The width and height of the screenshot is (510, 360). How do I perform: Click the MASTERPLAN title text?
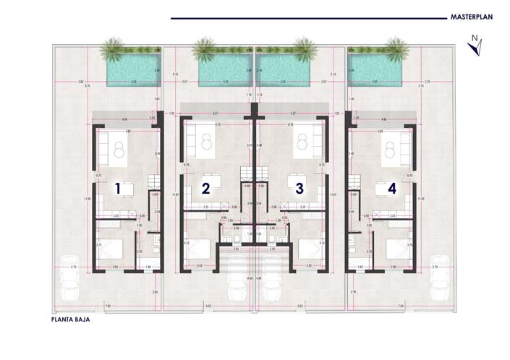pyautogui.click(x=472, y=17)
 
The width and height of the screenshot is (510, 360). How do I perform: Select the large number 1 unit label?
pyautogui.click(x=118, y=189)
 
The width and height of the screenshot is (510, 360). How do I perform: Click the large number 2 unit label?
pyautogui.click(x=205, y=189)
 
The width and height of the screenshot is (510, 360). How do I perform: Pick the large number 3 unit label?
pyautogui.click(x=299, y=189)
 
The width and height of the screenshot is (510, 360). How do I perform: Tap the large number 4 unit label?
pyautogui.click(x=392, y=189)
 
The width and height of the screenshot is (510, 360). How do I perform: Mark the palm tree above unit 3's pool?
pyautogui.click(x=304, y=50)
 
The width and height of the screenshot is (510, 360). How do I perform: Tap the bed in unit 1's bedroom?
pyautogui.click(x=111, y=250)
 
